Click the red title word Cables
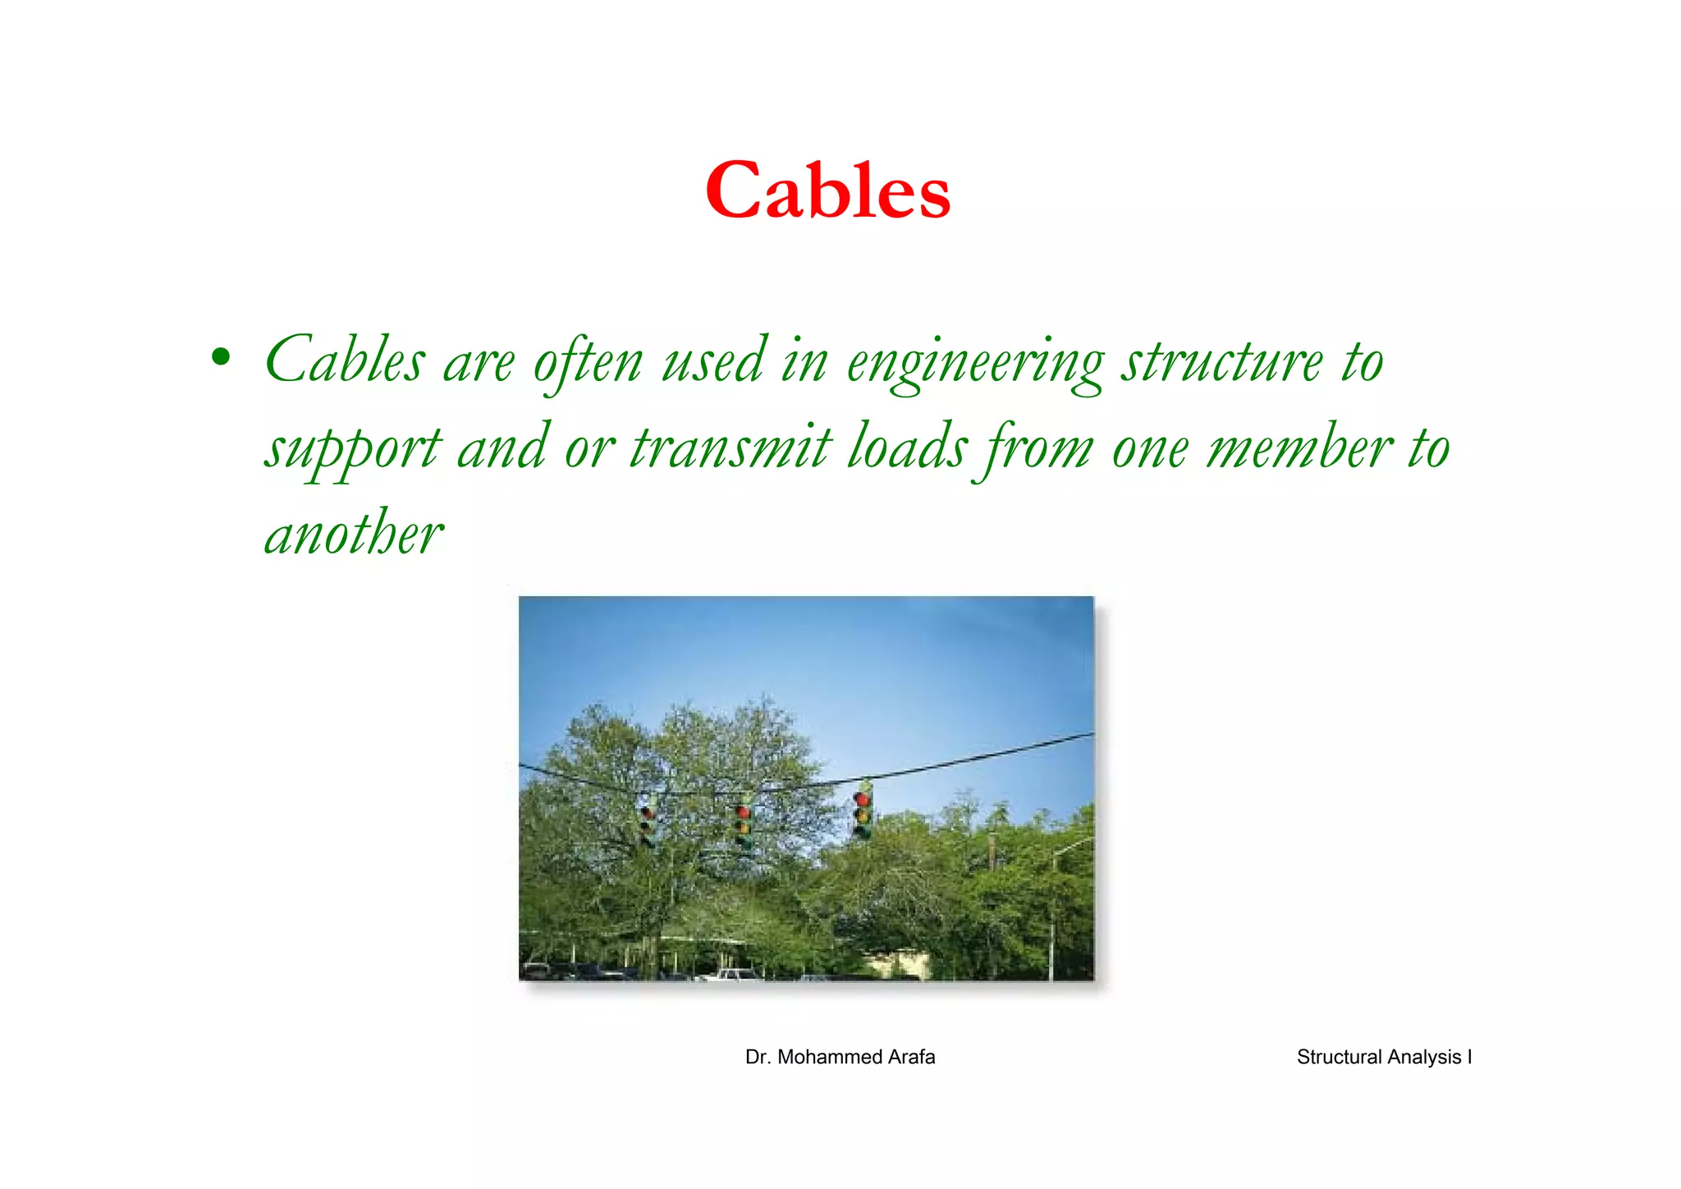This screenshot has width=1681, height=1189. (827, 191)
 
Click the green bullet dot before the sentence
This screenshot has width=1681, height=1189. (220, 357)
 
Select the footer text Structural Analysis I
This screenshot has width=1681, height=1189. (1384, 1057)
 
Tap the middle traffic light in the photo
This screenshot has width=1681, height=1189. (744, 825)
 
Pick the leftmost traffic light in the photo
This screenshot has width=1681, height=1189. (647, 825)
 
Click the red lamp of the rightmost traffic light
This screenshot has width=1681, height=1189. (863, 799)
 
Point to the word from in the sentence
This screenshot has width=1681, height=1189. (1038, 450)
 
